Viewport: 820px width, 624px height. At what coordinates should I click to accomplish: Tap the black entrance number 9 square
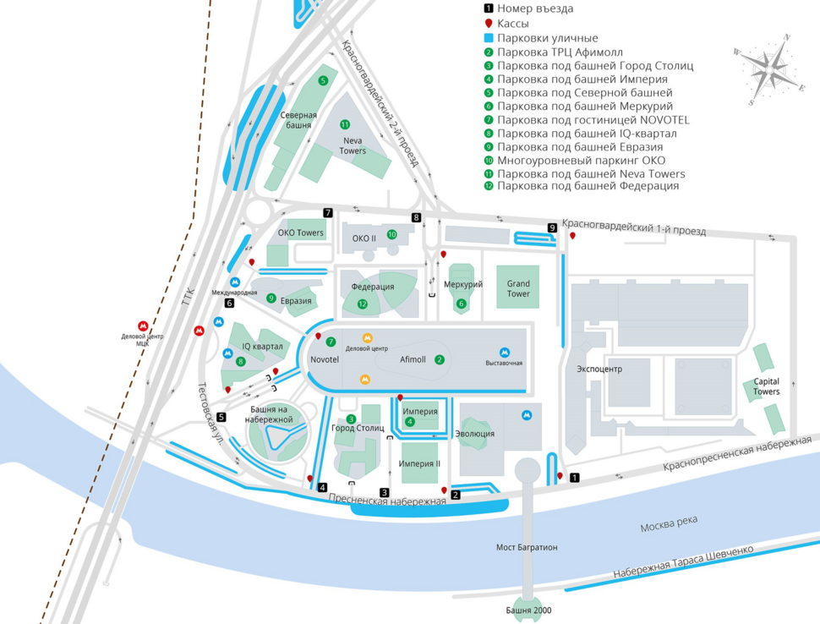tap(552, 227)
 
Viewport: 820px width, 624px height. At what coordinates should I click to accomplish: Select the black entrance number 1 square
tap(575, 478)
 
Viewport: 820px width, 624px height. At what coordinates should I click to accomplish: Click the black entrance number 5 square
tap(221, 417)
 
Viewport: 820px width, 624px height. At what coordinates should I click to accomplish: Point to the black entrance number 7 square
tap(327, 212)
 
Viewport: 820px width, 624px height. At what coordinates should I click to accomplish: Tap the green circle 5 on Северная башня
tap(323, 80)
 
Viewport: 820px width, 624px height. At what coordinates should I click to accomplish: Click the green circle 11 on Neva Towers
tap(345, 125)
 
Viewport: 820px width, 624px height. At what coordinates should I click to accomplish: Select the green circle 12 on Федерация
tap(363, 304)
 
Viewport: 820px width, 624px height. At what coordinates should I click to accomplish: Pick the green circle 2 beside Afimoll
tap(440, 359)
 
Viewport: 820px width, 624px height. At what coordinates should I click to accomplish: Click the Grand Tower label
tap(518, 288)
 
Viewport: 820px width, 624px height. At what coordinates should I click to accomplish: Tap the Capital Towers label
tap(766, 386)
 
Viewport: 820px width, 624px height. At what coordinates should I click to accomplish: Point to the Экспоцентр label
tap(599, 369)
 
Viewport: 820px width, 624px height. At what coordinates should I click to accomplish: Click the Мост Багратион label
tap(527, 548)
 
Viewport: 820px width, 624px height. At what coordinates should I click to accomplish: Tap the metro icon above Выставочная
tap(505, 353)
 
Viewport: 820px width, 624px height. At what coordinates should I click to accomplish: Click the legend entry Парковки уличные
tap(546, 38)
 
